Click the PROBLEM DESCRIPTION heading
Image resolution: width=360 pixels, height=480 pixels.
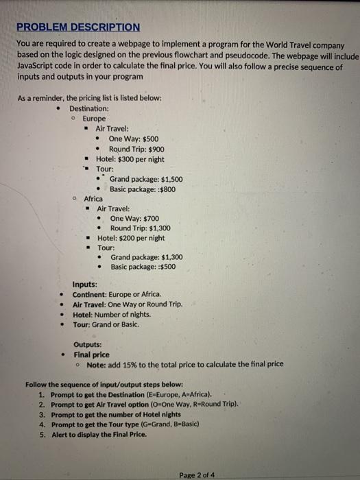pos(78,27)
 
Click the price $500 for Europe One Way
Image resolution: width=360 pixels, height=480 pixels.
pos(150,139)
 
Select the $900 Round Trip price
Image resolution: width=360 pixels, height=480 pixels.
pos(155,149)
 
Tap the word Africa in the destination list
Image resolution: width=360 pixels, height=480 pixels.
pos(94,198)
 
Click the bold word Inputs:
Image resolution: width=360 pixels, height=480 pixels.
pos(84,284)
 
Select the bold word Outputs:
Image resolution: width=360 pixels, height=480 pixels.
pos(87,344)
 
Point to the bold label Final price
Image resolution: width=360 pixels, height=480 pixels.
pos(91,355)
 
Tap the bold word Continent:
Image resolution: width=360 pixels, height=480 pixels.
pos(95,294)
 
